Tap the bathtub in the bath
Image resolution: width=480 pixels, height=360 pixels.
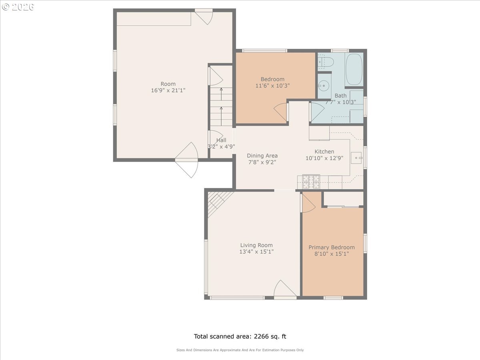pos(354,69)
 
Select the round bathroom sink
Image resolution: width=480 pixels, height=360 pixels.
pos(324,85)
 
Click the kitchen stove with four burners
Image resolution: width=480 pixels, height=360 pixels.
pos(311,182)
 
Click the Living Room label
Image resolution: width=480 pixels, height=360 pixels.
pos(256,245)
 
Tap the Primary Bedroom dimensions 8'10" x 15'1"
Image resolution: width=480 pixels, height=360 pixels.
pos(332,254)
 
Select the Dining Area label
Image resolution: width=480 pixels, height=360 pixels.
pos(262,156)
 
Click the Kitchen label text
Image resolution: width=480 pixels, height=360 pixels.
pos(324,152)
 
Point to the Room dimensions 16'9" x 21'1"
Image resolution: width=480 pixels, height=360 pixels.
pos(168,90)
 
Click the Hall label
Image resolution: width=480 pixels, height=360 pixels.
pos(221,140)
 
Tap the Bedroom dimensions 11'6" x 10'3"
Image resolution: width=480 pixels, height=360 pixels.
pos(272,86)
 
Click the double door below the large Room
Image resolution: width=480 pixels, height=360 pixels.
pos(186,160)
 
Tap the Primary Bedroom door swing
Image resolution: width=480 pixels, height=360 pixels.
pos(308,202)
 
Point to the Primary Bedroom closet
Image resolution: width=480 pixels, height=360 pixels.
pos(343,198)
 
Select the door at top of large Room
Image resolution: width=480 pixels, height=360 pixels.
pos(204,16)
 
